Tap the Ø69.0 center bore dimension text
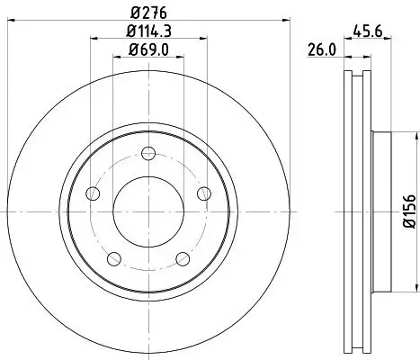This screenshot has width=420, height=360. point(151,49)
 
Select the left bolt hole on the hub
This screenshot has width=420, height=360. point(94,193)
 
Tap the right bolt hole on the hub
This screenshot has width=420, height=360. point(204,193)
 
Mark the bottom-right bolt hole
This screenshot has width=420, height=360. point(183,259)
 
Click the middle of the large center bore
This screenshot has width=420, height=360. point(149,212)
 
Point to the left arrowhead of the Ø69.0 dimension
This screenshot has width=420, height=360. point(114,58)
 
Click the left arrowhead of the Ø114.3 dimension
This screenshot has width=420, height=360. point(93,39)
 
